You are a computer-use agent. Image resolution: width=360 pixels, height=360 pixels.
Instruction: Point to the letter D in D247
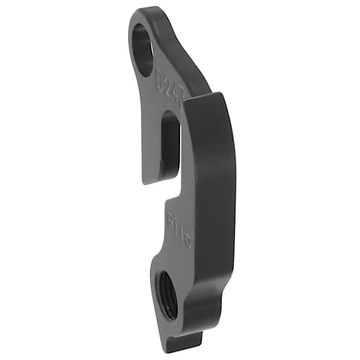(162, 72)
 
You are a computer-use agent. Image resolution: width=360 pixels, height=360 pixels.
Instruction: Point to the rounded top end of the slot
(170, 117)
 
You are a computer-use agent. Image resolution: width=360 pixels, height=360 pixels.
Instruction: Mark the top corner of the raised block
(219, 93)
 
